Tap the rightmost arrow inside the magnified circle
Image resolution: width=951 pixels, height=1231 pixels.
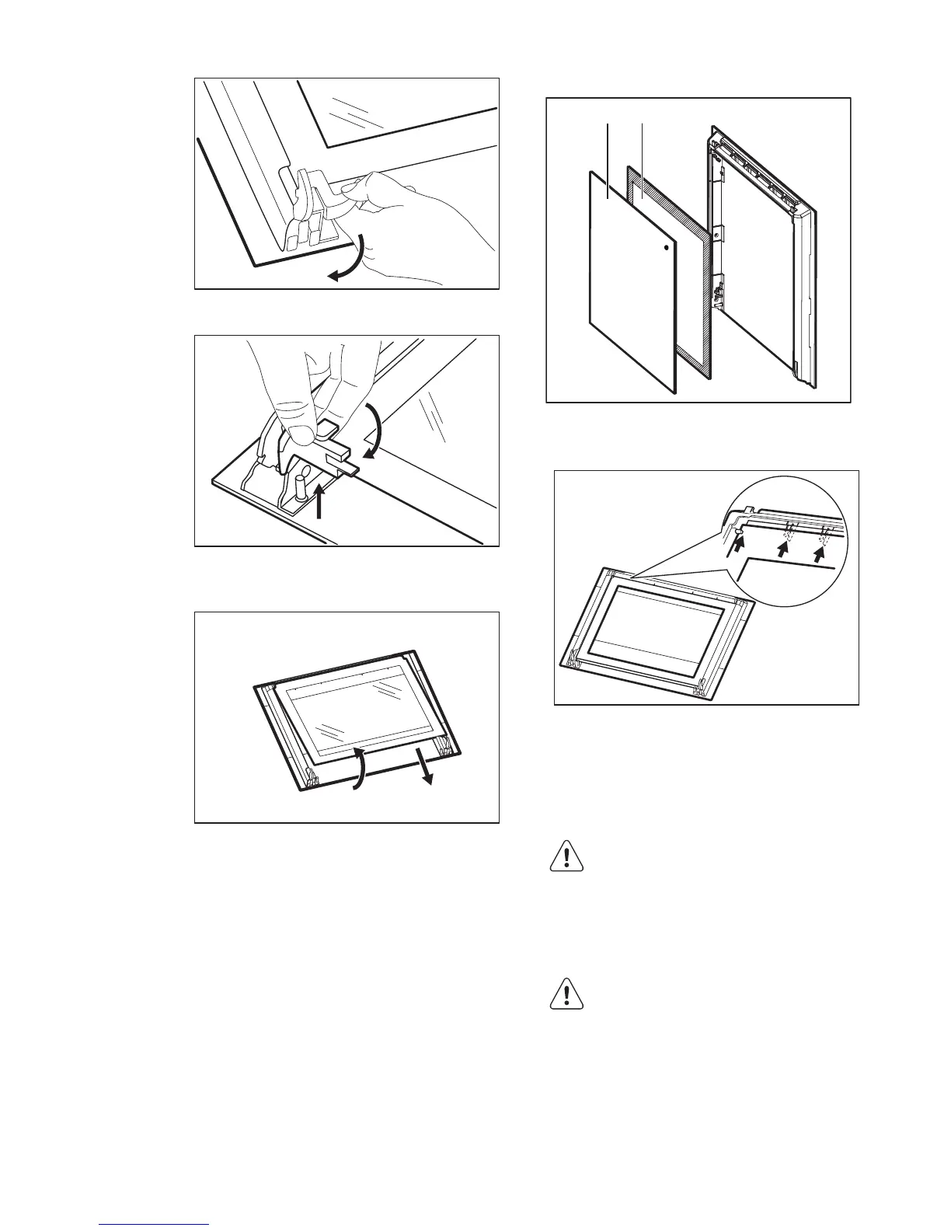click(x=818, y=552)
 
